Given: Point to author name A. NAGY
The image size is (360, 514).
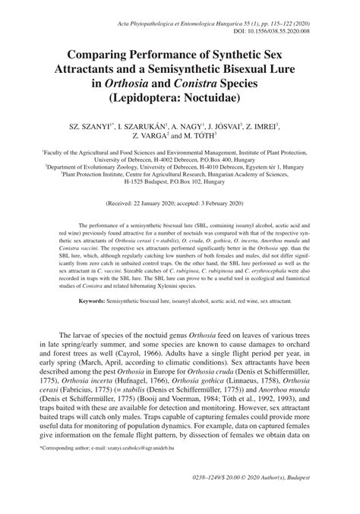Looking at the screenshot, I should coord(188,126).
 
